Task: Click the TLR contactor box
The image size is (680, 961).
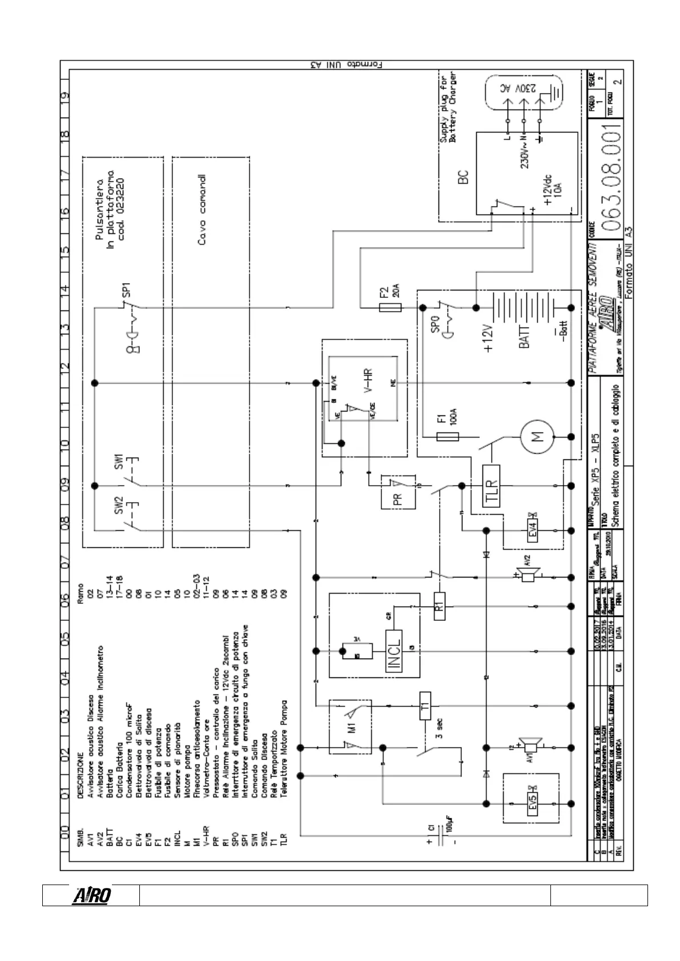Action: (490, 486)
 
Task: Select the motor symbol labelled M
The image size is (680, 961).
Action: (537, 437)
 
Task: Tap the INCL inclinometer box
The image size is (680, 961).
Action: (394, 651)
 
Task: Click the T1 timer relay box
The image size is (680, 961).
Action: (425, 706)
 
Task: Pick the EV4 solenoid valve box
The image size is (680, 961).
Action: (533, 531)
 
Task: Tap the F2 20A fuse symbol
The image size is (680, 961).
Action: (390, 307)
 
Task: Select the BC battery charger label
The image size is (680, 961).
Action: (463, 177)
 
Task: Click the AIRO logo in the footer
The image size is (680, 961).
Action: (91, 896)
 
